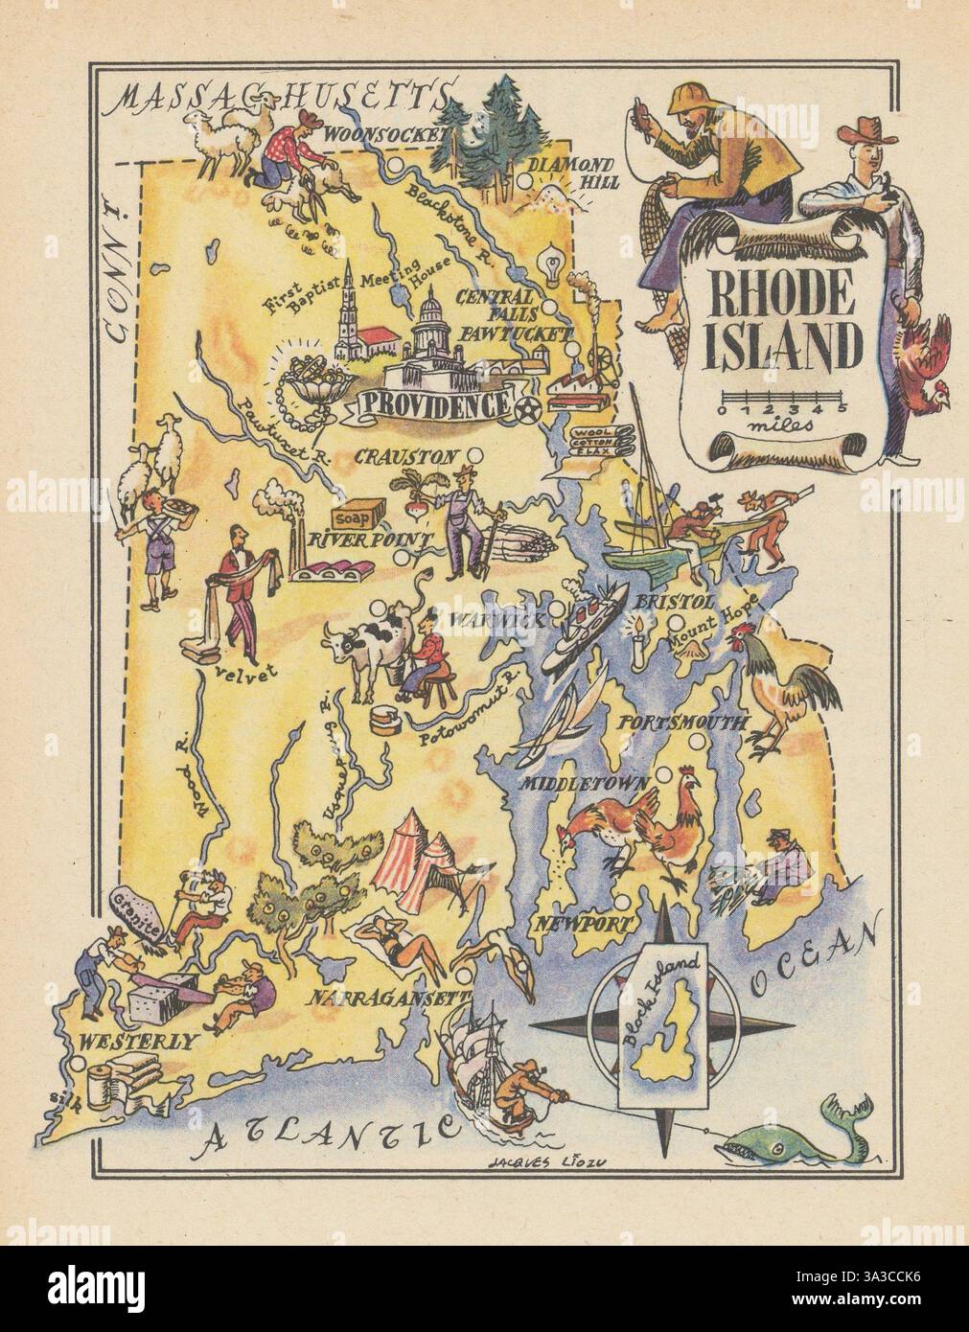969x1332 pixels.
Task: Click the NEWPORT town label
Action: pyautogui.click(x=571, y=924)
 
